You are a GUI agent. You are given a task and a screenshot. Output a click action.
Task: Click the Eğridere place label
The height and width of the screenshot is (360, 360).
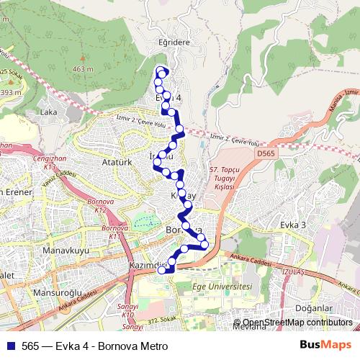coord(173,42)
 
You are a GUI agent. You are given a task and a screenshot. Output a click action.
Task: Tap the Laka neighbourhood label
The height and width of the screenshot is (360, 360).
coord(49,112)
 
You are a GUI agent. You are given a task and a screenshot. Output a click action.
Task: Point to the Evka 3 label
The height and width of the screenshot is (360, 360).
coord(293,225)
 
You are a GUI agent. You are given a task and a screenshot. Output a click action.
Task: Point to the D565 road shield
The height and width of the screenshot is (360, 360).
coord(265,153)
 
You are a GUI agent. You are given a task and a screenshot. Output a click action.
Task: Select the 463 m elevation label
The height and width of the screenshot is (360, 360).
coord(84,69)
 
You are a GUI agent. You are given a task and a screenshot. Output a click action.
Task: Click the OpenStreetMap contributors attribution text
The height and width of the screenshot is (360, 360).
coord(297,323)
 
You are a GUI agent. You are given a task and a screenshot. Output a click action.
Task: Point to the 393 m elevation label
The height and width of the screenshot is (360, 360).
coord(9,93)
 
